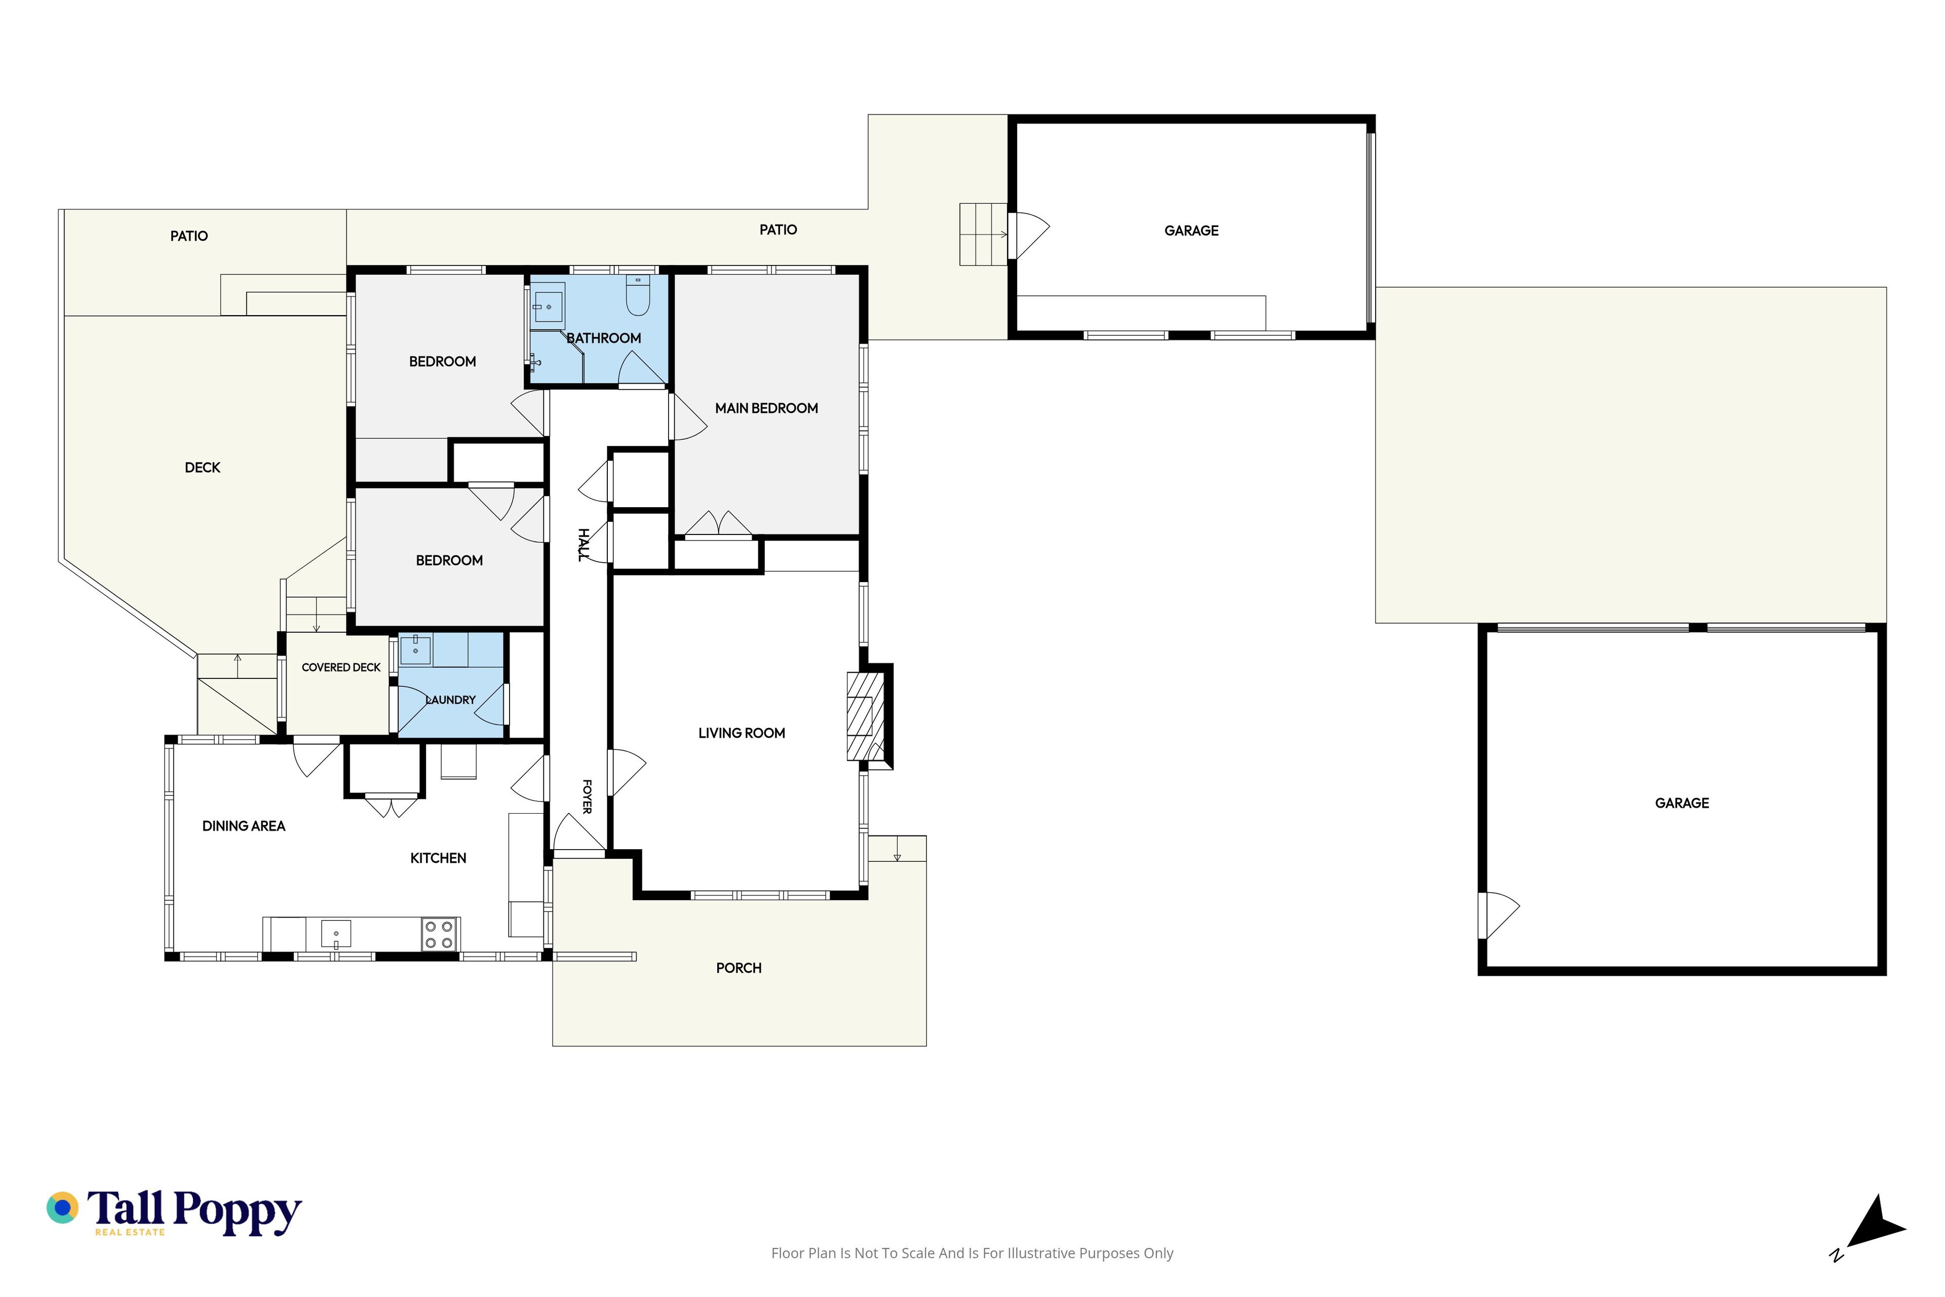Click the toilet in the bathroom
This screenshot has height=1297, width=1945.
(x=638, y=295)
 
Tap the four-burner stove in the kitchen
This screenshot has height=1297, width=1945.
(x=439, y=935)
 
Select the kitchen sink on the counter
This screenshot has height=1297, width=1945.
(x=336, y=934)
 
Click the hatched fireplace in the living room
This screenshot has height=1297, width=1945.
(x=865, y=716)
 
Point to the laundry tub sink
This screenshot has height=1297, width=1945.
(x=415, y=650)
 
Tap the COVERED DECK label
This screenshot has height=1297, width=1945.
(x=341, y=668)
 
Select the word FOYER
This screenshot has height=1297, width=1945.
(x=587, y=796)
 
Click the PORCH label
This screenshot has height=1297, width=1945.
(x=738, y=968)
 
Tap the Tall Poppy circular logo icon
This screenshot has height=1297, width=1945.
(x=62, y=1208)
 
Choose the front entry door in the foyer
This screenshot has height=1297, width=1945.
(x=579, y=834)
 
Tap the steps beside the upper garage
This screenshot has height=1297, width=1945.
(x=983, y=234)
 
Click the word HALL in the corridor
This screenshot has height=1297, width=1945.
(x=583, y=545)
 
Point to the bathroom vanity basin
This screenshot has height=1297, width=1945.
(x=548, y=307)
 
